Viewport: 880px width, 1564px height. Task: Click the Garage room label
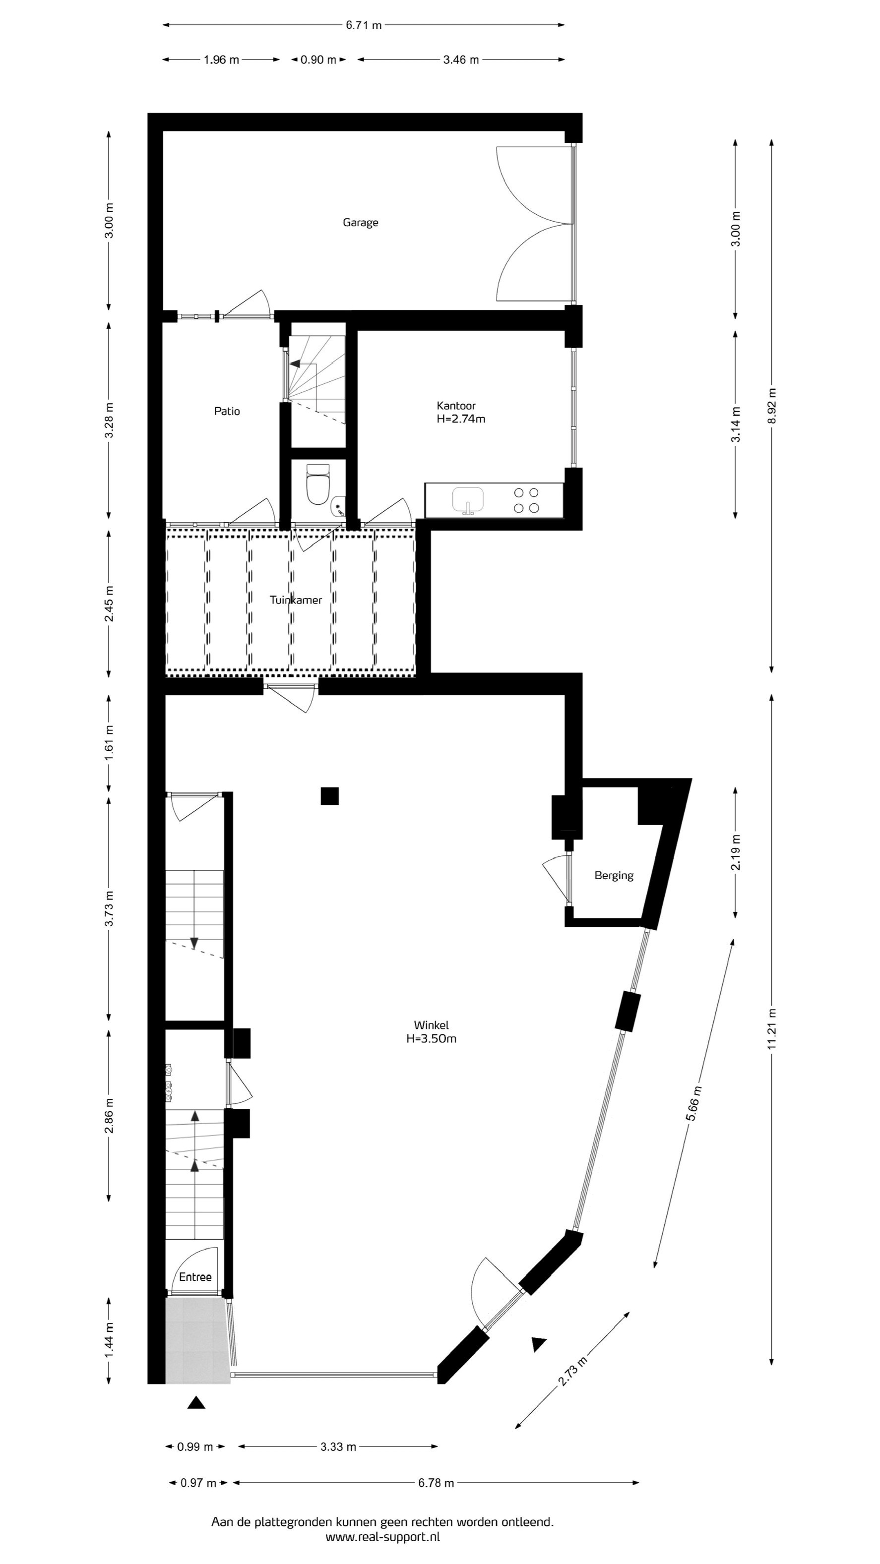(360, 223)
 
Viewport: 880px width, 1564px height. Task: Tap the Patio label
(227, 411)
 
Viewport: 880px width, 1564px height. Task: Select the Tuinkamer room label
(296, 600)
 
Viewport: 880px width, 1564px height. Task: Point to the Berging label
(614, 876)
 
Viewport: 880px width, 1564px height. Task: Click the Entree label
(195, 1277)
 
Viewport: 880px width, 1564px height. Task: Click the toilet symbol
(317, 484)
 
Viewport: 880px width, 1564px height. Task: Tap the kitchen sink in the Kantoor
(468, 500)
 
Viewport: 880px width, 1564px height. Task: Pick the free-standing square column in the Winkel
(330, 795)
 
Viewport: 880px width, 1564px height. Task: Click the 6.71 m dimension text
(364, 25)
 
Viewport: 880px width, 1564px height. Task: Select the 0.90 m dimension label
(318, 60)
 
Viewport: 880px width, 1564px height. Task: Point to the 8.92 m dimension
(771, 406)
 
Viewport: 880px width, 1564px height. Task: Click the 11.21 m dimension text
(771, 1028)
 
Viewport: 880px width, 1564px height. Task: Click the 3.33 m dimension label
(338, 1447)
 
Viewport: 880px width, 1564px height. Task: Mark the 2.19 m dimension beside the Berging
(736, 852)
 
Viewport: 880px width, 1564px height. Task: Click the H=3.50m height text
(431, 1039)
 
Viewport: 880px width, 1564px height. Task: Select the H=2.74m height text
(461, 419)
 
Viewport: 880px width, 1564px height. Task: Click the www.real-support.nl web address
(382, 1537)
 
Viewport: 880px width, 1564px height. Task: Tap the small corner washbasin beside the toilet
(339, 506)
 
